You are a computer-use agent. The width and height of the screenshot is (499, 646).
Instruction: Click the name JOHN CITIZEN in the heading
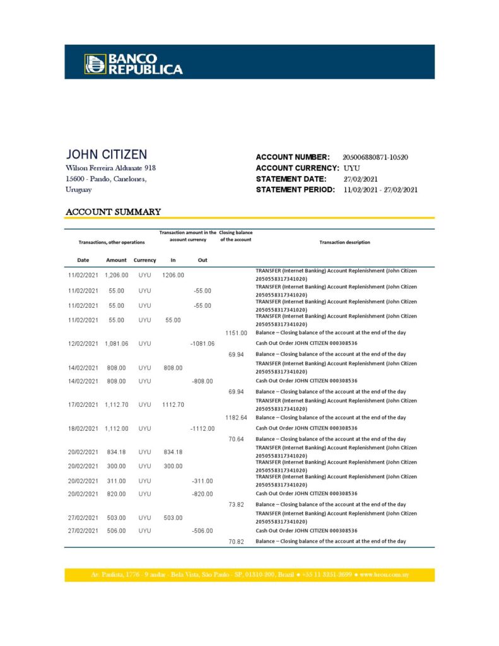pyautogui.click(x=107, y=155)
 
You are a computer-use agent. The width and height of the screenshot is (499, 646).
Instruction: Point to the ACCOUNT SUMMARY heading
pyautogui.click(x=114, y=212)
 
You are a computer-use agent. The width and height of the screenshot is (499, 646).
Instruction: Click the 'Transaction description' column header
pyautogui.click(x=344, y=242)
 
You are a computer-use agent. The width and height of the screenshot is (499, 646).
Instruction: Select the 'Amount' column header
pyautogui.click(x=117, y=260)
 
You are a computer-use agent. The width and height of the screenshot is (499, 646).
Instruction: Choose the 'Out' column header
pyautogui.click(x=203, y=260)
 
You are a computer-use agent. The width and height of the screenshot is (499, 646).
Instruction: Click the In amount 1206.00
pyautogui.click(x=173, y=275)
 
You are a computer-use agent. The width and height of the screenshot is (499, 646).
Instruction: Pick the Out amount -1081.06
pyautogui.click(x=202, y=344)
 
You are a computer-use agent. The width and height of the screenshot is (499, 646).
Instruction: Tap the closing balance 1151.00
pyautogui.click(x=236, y=332)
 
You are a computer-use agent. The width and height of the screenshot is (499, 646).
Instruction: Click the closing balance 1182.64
pyautogui.click(x=236, y=418)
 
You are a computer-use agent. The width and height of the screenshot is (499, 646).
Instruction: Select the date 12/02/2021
pyautogui.click(x=83, y=344)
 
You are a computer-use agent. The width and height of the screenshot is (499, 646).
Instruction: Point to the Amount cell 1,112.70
pyautogui.click(x=117, y=404)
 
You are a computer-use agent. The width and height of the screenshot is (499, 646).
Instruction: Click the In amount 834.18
pyautogui.click(x=173, y=452)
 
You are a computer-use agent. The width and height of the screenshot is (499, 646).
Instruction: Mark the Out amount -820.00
pyautogui.click(x=202, y=494)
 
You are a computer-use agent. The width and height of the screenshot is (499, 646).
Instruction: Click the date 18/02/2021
pyautogui.click(x=83, y=428)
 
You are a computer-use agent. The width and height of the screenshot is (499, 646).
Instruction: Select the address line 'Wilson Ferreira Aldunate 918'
pyautogui.click(x=110, y=168)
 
